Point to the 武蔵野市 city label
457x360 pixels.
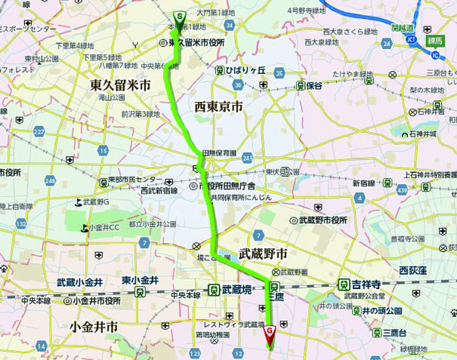point(263,253)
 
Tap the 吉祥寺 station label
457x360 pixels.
point(366,285)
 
